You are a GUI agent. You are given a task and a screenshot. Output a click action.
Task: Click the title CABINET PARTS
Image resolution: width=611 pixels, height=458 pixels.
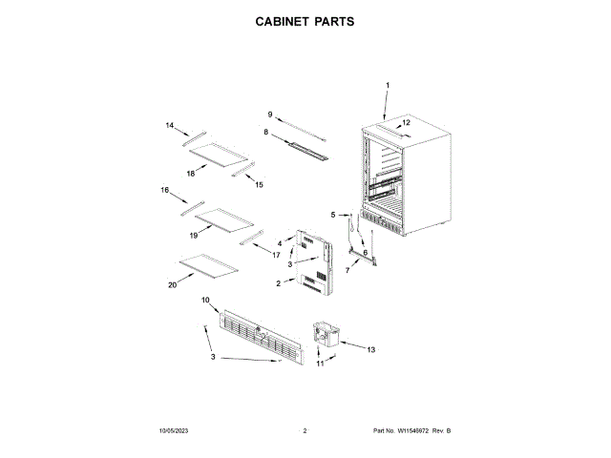coord(305,20)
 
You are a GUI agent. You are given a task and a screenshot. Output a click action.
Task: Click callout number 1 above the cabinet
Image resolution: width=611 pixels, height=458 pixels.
coord(388,86)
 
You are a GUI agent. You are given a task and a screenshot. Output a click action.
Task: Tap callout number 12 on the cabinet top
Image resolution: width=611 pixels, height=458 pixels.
coord(406,123)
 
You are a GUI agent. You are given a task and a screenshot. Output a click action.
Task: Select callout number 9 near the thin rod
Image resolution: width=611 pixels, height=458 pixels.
coord(270,114)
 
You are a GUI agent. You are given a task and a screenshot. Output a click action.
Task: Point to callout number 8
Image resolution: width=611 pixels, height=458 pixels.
coord(265,132)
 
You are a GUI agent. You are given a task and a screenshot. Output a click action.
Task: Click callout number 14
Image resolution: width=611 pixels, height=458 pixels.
coord(170,125)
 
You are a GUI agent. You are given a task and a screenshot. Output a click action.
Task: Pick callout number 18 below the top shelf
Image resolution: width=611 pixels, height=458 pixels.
coord(191,173)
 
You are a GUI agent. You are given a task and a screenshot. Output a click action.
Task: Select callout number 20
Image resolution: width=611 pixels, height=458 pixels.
coord(172,284)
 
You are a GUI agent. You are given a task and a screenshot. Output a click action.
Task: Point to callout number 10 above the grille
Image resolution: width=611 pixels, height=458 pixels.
coord(205,301)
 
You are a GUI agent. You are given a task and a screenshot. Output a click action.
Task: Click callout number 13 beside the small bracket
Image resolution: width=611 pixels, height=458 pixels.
coord(371,349)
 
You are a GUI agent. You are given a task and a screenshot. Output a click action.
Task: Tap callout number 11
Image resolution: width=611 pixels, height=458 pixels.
coord(321,364)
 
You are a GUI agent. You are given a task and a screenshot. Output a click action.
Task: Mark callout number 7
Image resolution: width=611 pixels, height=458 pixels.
coord(347,271)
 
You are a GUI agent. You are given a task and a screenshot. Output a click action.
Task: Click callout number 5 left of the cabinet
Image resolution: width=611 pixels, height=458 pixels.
coord(333,216)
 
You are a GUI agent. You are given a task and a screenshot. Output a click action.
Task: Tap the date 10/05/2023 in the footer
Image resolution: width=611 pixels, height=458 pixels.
coord(175,432)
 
